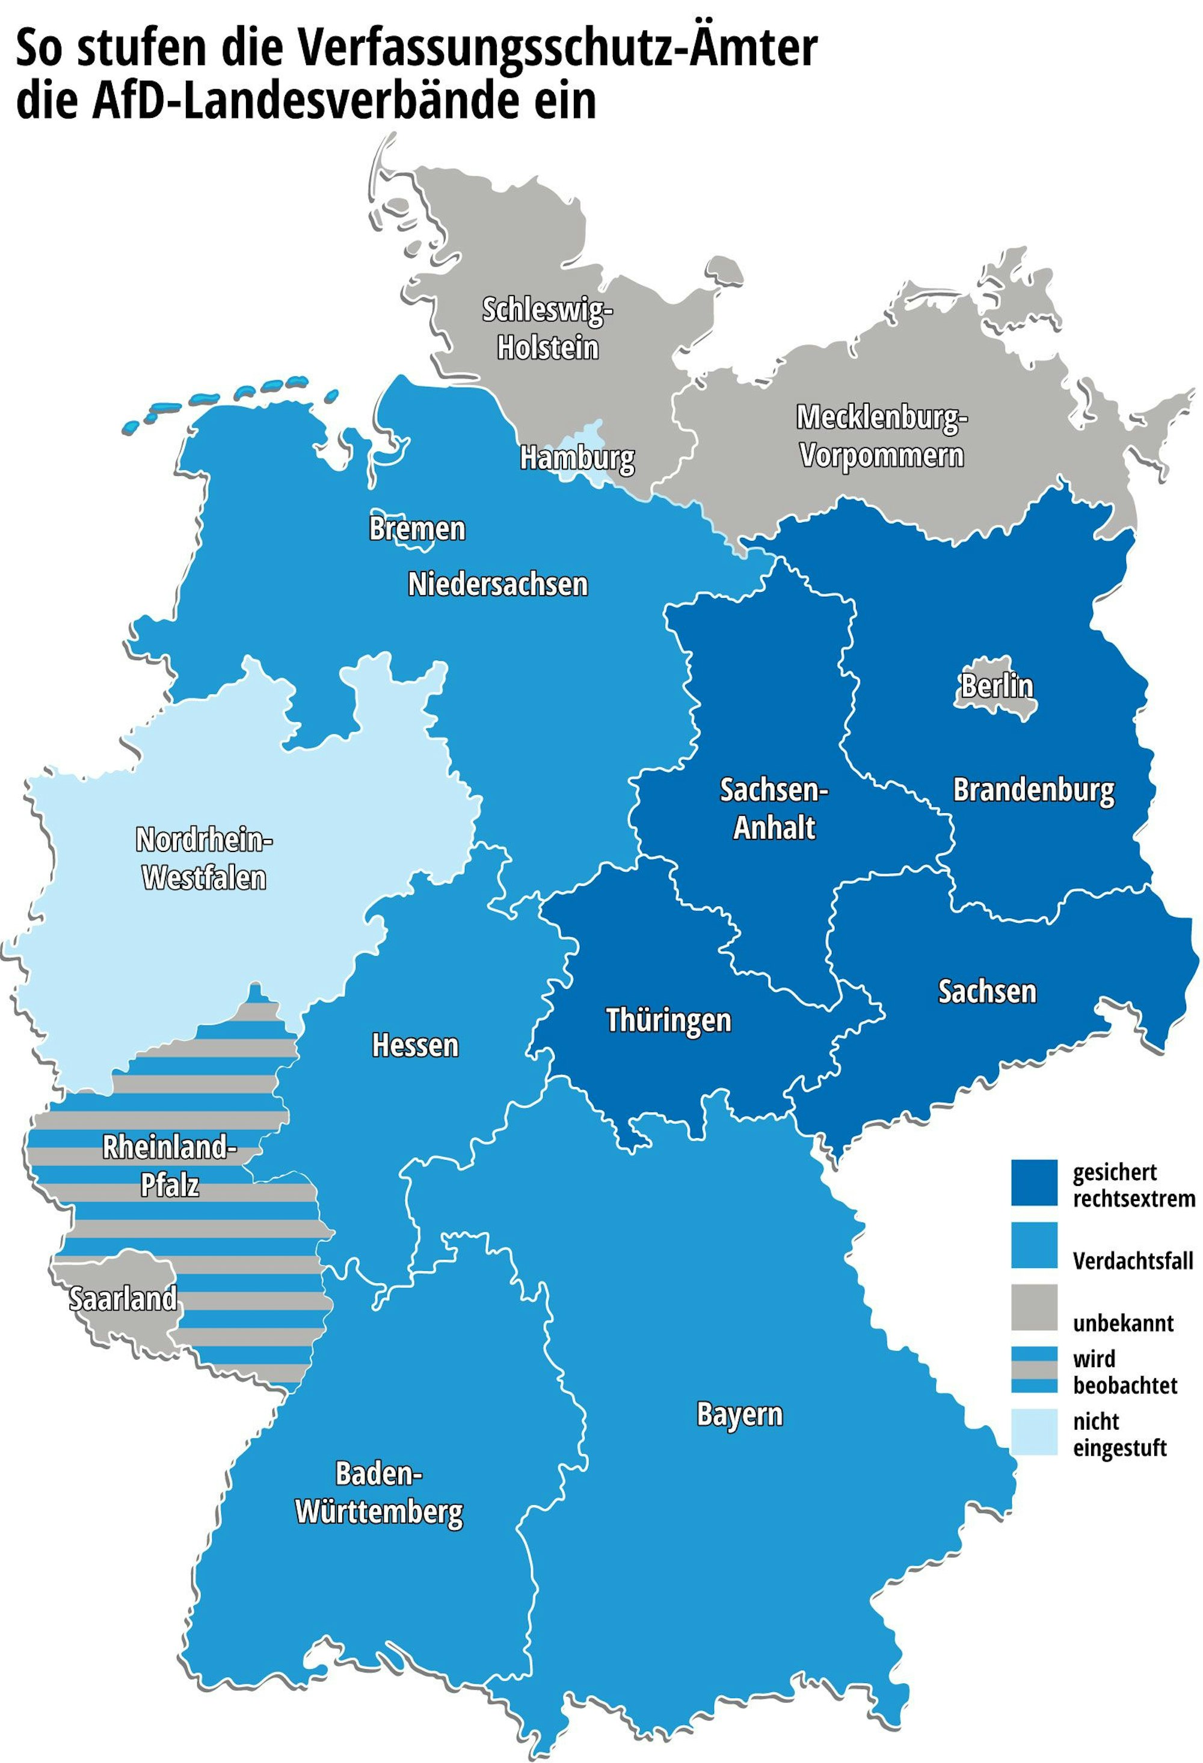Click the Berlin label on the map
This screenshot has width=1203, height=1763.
point(997,686)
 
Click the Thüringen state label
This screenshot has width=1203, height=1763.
point(668,1020)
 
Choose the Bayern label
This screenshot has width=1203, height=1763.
point(740,1415)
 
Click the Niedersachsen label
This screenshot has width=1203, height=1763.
point(497,584)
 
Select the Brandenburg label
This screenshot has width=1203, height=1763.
point(1034,791)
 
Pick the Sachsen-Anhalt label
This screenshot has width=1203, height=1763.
point(774,809)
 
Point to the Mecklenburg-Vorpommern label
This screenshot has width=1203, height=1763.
point(881,437)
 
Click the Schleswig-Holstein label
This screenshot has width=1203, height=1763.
point(547,329)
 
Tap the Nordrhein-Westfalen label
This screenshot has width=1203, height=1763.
point(204,859)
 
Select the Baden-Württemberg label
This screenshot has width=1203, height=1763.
point(378,1493)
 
